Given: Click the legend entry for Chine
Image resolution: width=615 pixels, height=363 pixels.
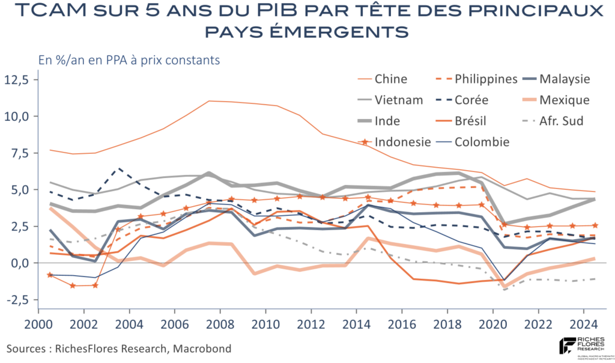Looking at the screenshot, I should pos(391,79).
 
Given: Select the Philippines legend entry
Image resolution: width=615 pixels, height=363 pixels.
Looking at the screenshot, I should pos(486,79).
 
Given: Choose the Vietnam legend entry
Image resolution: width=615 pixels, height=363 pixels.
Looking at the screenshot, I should pos(398,100).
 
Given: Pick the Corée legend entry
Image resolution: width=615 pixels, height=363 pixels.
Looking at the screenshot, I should pos(471,100).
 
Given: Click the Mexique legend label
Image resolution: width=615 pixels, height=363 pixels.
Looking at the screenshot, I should pos(565,100).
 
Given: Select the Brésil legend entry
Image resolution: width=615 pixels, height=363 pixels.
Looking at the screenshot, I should pos(471,121).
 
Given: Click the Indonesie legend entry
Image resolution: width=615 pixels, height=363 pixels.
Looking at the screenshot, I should pos(402,142).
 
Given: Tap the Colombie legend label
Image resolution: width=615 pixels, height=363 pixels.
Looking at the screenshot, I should pos(482,142).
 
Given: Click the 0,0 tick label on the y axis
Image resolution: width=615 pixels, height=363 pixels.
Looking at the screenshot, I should pos(19,263).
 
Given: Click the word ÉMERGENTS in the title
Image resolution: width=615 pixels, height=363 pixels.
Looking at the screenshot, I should pos(348,31).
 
